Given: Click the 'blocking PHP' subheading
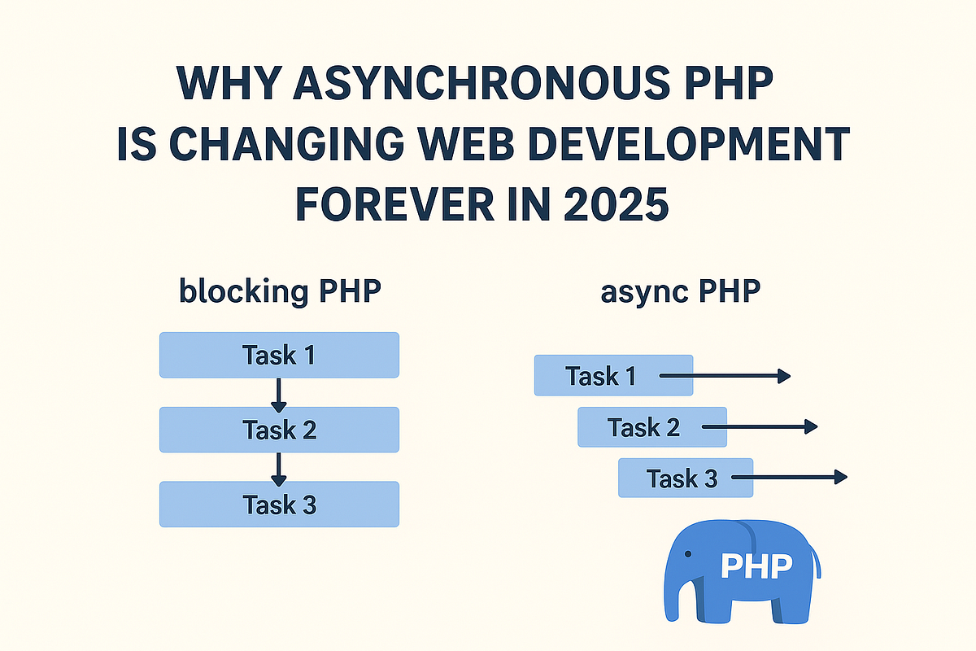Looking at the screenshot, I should [x=279, y=291].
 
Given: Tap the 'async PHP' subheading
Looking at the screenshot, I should [x=681, y=291].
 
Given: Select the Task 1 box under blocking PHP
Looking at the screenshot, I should [x=279, y=355].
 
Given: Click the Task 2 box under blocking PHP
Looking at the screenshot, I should [x=279, y=430].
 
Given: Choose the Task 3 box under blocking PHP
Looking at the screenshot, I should [x=279, y=505].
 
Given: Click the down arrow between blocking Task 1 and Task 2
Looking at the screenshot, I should [x=279, y=395].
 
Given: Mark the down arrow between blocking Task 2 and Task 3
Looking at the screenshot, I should [x=279, y=470].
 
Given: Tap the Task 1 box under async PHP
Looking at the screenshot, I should [x=602, y=376].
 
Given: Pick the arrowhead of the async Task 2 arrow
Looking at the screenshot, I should [x=810, y=426].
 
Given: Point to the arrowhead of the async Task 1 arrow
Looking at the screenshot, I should [x=784, y=376].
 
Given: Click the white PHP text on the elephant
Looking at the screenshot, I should [x=756, y=565].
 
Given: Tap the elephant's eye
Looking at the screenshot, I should [x=688, y=555].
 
